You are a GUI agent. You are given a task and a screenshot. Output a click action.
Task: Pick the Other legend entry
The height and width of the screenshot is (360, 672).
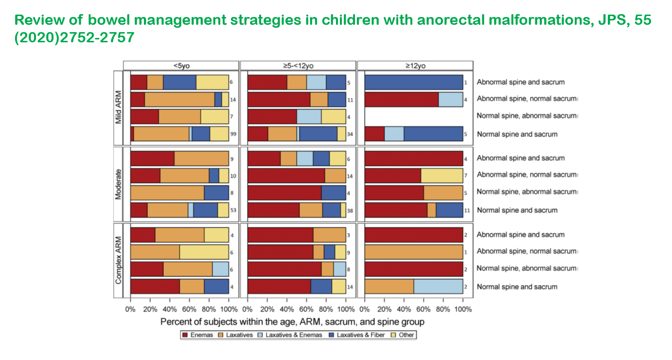click(404, 335)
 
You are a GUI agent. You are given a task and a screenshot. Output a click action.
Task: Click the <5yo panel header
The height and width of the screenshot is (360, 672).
click(181, 65)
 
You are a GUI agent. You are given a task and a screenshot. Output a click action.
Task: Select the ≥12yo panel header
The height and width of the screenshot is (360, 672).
click(415, 65)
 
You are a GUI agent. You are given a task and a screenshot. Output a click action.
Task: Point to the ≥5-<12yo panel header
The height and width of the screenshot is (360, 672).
click(298, 65)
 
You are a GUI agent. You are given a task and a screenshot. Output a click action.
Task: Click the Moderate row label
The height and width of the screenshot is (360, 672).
click(118, 183)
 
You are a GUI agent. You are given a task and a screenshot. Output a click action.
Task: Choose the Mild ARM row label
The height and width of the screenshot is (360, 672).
click(118, 107)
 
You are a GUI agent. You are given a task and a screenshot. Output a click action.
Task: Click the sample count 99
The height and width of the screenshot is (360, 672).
click(233, 134)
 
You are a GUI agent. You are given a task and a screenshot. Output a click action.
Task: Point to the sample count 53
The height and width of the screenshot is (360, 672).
click(233, 210)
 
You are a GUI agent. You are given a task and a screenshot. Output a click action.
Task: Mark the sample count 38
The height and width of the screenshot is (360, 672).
click(350, 210)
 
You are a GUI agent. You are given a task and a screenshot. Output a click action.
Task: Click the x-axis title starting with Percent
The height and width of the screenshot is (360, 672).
click(292, 322)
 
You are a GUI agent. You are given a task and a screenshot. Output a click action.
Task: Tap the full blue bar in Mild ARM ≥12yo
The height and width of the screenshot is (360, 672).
click(414, 83)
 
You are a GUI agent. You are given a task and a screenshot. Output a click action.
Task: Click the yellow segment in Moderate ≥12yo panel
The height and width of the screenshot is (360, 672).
click(442, 175)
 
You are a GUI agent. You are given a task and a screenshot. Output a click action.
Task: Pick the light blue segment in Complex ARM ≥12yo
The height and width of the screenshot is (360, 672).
click(438, 287)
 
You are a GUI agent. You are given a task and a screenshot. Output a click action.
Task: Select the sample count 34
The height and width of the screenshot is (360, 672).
click(350, 134)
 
